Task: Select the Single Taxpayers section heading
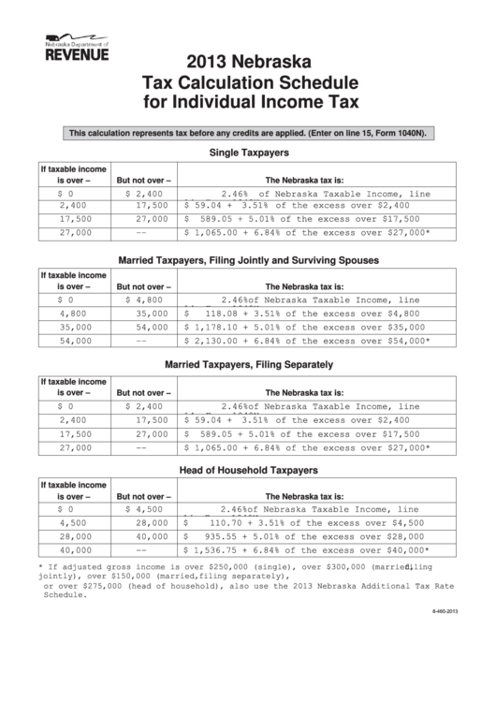pos(247,152)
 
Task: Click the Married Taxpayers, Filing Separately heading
pos(247,364)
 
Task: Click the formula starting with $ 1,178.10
pos(305,328)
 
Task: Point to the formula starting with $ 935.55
pos(305,539)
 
